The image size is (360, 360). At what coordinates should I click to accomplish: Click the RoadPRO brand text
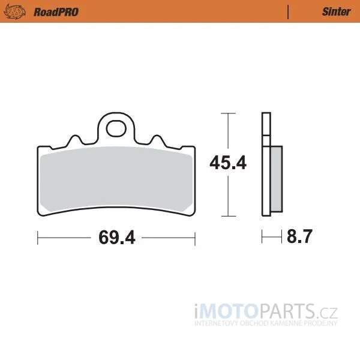(56, 12)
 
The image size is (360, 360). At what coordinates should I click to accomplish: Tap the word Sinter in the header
(337, 12)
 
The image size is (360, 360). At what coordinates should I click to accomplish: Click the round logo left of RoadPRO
(14, 12)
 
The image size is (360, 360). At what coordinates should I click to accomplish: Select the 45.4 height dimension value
(228, 163)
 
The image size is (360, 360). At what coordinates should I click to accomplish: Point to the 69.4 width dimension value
(117, 238)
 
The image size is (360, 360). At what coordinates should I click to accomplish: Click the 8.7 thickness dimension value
(299, 236)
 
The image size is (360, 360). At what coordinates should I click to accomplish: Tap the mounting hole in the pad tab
(116, 128)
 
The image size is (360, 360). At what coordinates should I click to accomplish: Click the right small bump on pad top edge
(157, 140)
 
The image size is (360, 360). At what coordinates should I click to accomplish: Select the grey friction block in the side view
(277, 179)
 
